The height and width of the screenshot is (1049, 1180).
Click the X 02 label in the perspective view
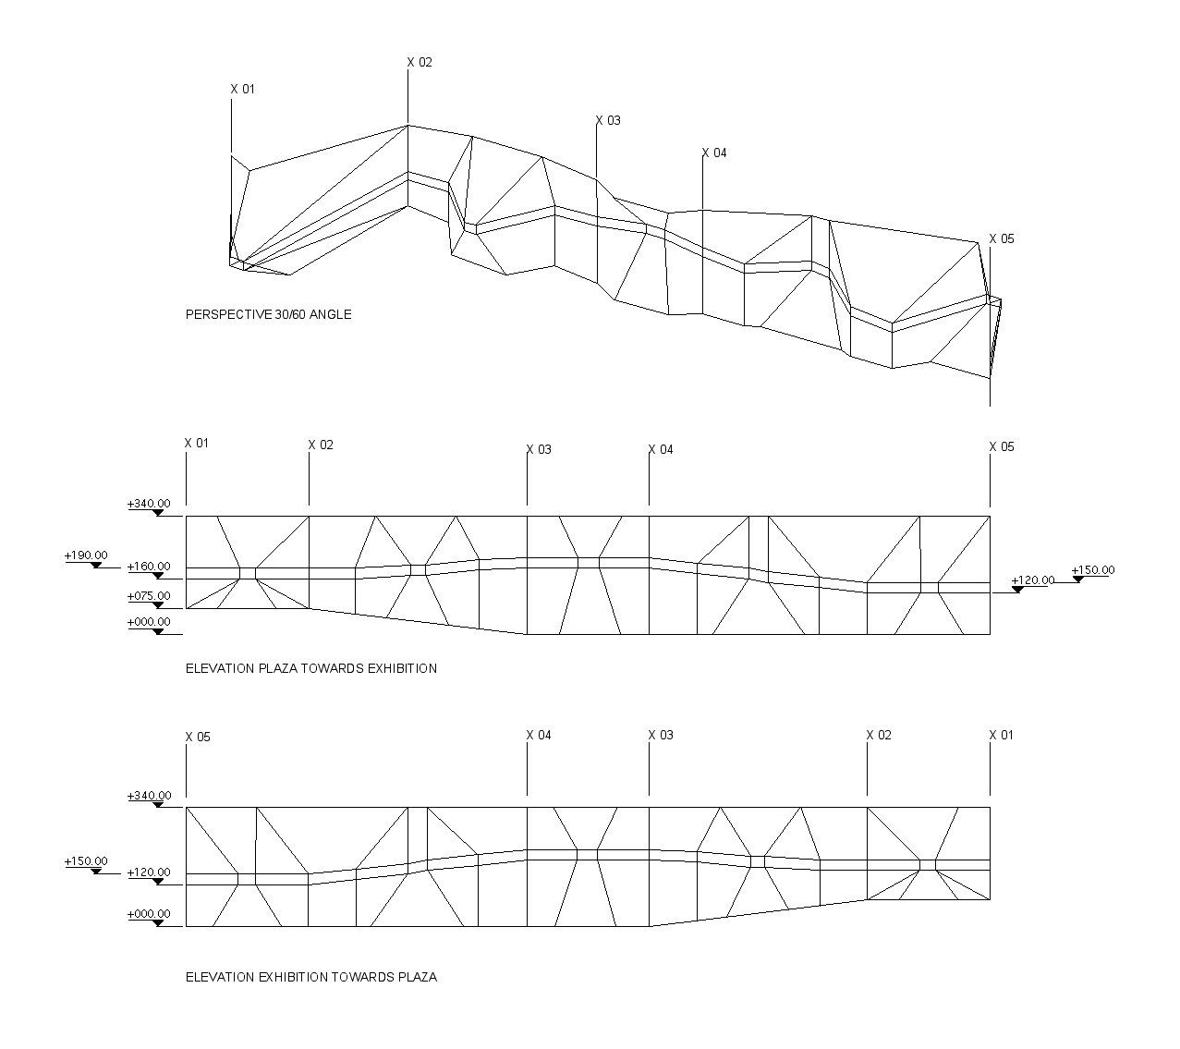click(x=420, y=62)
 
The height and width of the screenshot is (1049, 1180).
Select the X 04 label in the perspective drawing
click(x=714, y=152)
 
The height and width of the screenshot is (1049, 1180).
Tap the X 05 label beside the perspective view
click(x=1001, y=238)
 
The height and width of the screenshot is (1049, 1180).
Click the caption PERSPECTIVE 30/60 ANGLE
click(x=269, y=314)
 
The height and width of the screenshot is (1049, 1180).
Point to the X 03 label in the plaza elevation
click(x=539, y=450)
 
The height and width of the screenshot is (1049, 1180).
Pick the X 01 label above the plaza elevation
click(x=196, y=444)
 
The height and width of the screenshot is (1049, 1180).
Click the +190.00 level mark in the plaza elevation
click(x=86, y=555)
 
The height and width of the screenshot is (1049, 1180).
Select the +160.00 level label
click(x=149, y=567)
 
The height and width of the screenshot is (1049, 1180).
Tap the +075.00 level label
click(x=149, y=596)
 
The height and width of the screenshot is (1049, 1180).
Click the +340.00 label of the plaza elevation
click(x=149, y=504)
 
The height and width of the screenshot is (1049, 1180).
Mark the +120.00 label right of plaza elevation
click(x=1033, y=580)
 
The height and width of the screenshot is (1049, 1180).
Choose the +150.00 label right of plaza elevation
click(x=1093, y=570)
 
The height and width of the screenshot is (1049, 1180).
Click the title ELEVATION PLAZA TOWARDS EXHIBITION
click(x=311, y=668)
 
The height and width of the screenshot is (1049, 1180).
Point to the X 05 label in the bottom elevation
click(x=198, y=738)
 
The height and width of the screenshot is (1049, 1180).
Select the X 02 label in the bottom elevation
click(x=879, y=736)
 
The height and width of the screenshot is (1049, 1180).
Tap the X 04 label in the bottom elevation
click(x=539, y=736)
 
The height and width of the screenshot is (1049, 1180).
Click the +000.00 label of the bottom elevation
click(x=149, y=914)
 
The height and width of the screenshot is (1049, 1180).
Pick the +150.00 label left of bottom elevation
click(x=86, y=861)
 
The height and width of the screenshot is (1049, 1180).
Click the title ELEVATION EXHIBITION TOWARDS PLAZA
click(x=311, y=977)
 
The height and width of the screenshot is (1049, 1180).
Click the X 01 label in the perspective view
click(x=242, y=89)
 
